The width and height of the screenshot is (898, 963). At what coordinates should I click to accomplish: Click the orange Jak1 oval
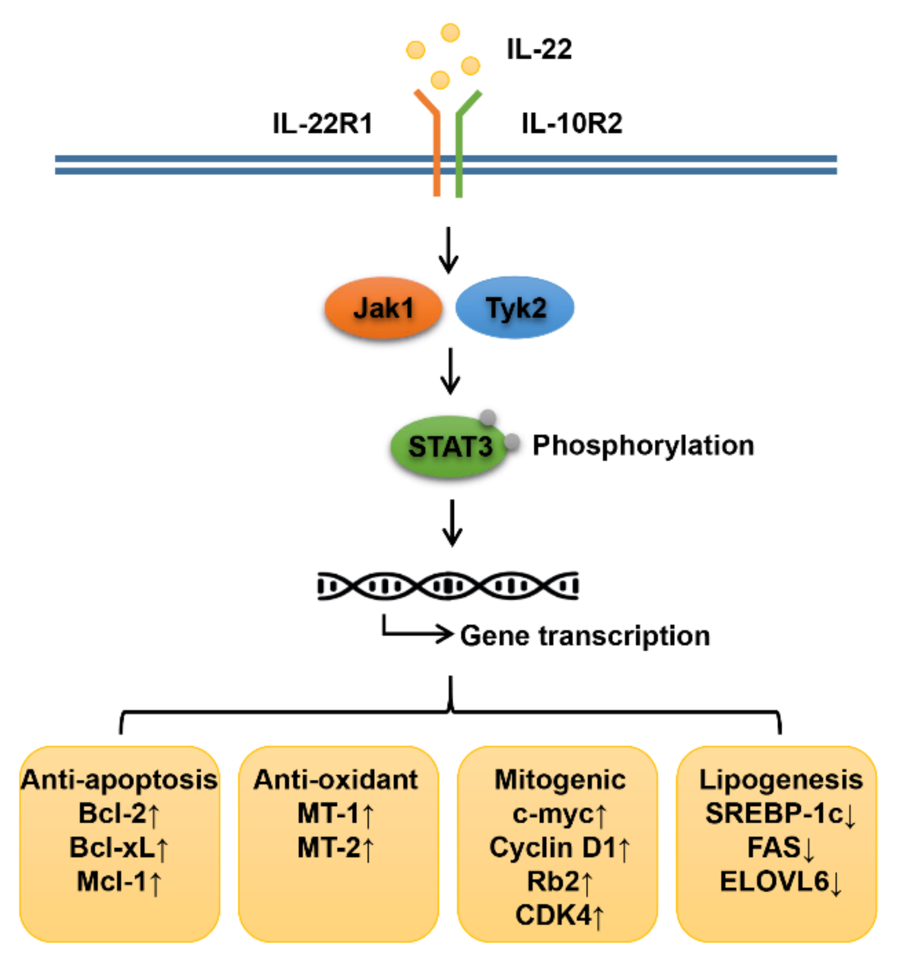point(383,308)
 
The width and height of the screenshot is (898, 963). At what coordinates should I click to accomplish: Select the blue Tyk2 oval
point(515,308)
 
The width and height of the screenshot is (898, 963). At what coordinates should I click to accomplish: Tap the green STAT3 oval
point(449,446)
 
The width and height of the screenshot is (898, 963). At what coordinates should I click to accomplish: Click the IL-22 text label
point(539,49)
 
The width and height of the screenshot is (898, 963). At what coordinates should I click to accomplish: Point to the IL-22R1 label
point(322,124)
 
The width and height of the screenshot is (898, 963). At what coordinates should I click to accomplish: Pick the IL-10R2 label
point(571,124)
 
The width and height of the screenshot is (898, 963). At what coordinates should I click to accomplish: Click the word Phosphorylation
point(643,445)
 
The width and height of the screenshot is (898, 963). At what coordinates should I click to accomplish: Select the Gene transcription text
point(585,635)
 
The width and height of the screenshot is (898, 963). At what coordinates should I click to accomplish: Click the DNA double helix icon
point(448,585)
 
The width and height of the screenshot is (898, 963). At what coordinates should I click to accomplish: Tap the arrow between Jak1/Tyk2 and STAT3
point(450,371)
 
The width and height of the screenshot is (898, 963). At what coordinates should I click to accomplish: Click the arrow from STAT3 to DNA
point(452,523)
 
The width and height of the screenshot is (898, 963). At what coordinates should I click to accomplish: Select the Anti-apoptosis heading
point(119,779)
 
